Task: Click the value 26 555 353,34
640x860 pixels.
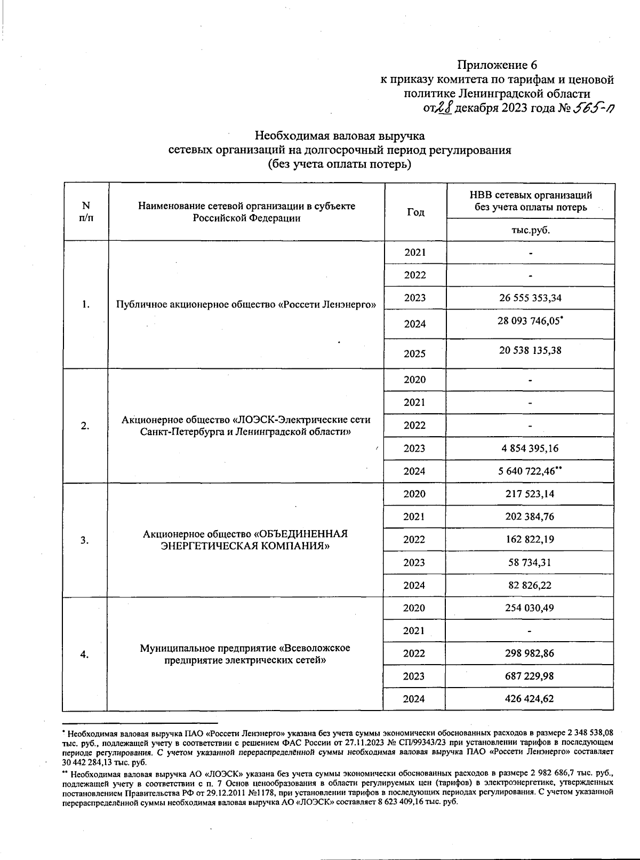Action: point(530,298)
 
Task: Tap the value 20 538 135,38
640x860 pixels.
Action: point(530,351)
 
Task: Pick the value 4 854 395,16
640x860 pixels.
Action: point(530,448)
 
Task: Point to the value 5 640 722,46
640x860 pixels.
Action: point(528,471)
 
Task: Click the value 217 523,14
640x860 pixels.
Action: point(530,494)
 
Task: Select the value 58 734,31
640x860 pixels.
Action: point(530,562)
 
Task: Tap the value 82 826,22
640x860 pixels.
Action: point(530,585)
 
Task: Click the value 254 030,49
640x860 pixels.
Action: point(530,608)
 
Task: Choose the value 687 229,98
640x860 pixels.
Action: point(530,676)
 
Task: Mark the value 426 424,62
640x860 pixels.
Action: point(530,698)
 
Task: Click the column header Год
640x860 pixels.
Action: point(415,212)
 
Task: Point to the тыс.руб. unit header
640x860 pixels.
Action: point(530,230)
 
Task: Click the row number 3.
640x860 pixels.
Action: point(85,540)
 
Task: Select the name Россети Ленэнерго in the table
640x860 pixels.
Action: point(246,305)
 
